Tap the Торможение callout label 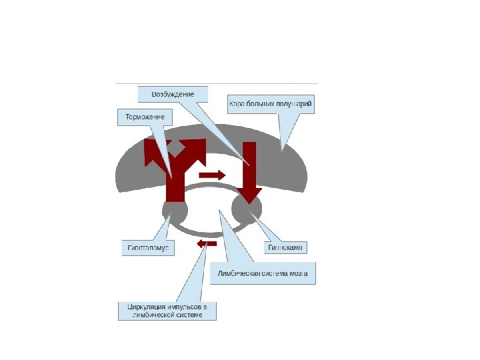coord(141,117)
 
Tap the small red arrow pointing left coord(207,244)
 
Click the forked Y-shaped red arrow coord(175,167)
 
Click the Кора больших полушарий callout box coord(271,105)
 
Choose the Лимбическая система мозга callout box coord(263,273)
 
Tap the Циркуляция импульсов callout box coord(167,311)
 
